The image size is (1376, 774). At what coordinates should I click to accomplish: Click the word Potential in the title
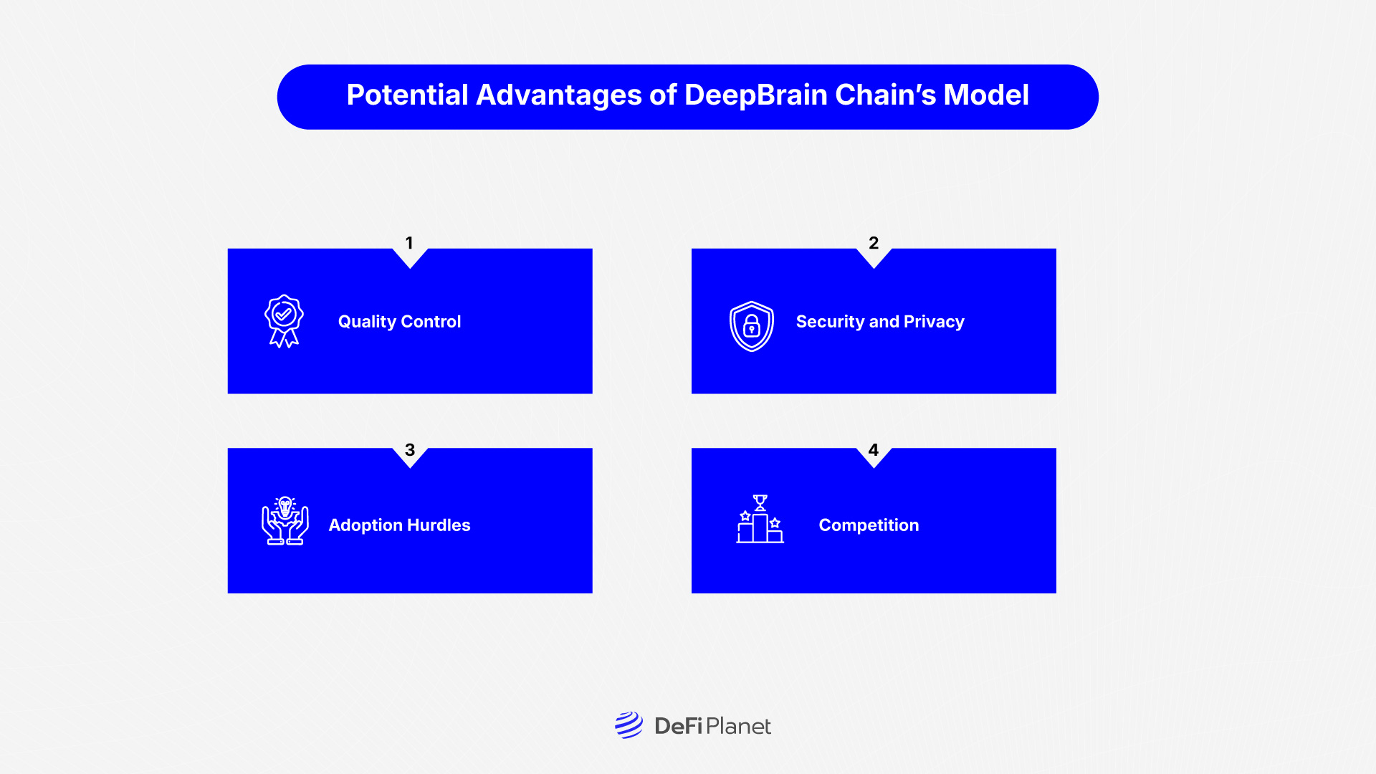pyautogui.click(x=407, y=95)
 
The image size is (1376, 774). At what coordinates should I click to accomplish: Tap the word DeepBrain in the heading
pyautogui.click(x=756, y=95)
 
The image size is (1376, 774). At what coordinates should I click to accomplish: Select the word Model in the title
pyautogui.click(x=986, y=95)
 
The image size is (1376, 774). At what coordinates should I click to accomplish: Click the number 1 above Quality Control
pyautogui.click(x=409, y=243)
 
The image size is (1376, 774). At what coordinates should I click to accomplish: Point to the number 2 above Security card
pyautogui.click(x=874, y=243)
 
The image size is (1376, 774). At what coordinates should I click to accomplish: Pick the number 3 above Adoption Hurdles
pyautogui.click(x=410, y=450)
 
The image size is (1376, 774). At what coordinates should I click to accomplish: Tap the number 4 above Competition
pyautogui.click(x=873, y=450)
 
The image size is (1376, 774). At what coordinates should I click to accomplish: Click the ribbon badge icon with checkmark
pyautogui.click(x=284, y=321)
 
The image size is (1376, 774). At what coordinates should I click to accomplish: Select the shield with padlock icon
pyautogui.click(x=751, y=326)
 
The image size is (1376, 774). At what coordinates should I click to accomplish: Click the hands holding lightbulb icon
pyautogui.click(x=285, y=521)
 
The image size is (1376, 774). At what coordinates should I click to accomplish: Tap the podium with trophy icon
pyautogui.click(x=760, y=520)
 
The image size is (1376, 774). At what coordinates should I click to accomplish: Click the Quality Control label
pyautogui.click(x=399, y=322)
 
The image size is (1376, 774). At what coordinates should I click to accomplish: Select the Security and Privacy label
pyautogui.click(x=880, y=322)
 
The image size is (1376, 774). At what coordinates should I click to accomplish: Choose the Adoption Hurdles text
pyautogui.click(x=399, y=525)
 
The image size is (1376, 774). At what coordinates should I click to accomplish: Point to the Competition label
pyautogui.click(x=869, y=525)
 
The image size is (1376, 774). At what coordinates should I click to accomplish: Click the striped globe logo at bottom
pyautogui.click(x=629, y=725)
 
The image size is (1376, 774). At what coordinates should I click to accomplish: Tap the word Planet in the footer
pyautogui.click(x=738, y=727)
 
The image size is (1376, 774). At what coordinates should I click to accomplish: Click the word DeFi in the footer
pyautogui.click(x=678, y=727)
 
